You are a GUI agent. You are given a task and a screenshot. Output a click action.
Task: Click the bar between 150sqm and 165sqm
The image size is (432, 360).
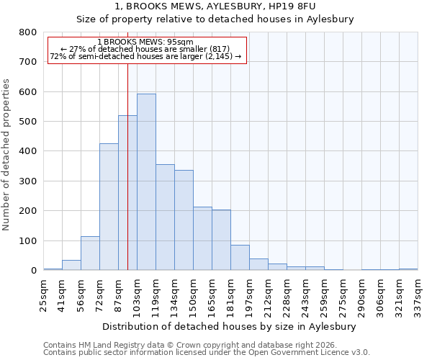tap(202, 238)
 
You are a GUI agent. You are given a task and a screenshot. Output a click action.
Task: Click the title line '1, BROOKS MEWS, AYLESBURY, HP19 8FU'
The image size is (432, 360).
tap(215, 6)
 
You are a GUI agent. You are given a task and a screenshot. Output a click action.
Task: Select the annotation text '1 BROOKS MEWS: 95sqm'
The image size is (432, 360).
tap(146, 42)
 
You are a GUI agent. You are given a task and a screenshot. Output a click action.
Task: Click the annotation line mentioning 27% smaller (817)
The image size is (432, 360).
tap(146, 49)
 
